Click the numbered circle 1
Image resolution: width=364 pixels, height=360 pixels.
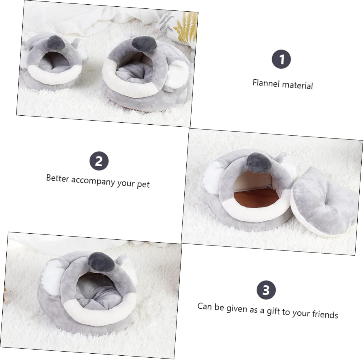tap(281, 59)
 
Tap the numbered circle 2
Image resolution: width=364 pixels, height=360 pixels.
tap(99, 161)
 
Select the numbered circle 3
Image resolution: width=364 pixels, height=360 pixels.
tap(266, 290)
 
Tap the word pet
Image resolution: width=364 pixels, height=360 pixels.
tap(143, 184)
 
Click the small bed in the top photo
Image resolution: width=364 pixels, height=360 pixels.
tap(54, 64)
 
